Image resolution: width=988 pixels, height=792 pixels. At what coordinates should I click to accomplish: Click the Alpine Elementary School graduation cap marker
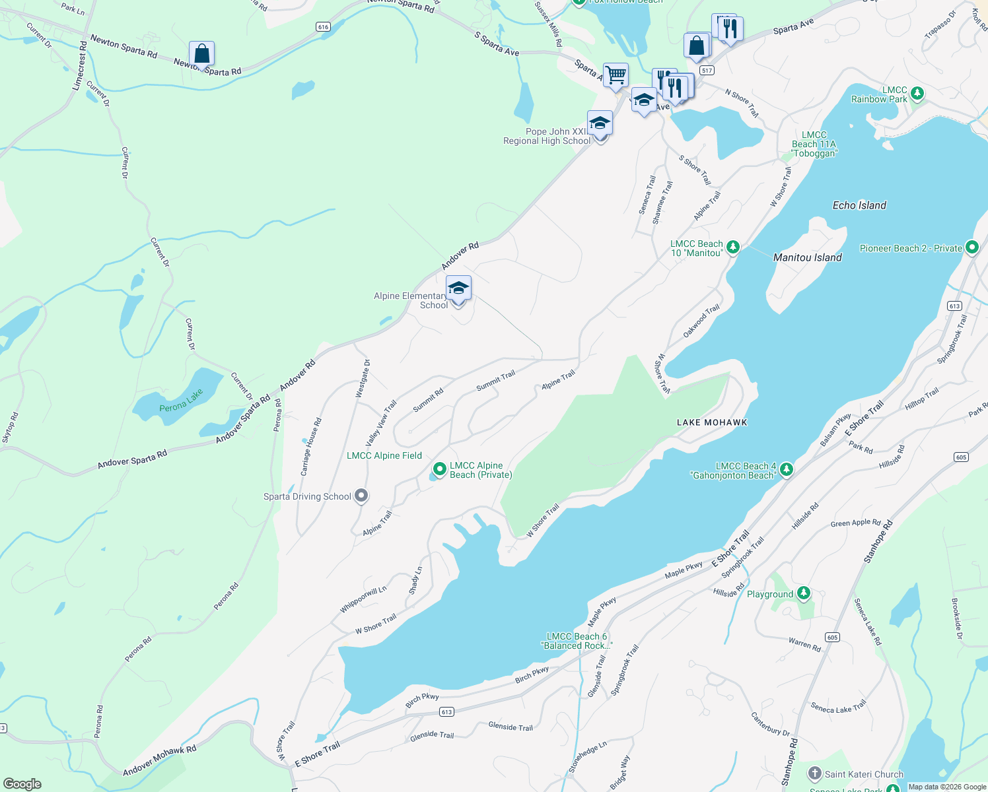458,289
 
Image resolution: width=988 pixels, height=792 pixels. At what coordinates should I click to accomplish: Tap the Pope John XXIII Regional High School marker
600,124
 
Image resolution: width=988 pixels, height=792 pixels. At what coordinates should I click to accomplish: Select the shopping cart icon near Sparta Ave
616,75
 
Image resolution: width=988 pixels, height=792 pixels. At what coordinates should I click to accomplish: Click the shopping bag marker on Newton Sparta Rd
201,54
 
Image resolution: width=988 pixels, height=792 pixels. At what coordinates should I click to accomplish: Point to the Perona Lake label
181,401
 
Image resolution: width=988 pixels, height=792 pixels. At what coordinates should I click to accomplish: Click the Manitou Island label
807,257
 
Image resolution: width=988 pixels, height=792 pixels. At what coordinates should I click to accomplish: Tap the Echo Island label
859,205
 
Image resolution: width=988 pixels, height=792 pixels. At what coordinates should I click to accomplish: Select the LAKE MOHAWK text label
712,422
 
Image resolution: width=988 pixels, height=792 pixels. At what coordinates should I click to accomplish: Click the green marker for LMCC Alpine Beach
439,470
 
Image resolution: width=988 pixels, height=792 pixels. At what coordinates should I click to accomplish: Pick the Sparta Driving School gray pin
361,496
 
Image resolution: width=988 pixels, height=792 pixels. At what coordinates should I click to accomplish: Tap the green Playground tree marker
803,593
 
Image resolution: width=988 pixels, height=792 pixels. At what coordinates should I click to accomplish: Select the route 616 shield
323,27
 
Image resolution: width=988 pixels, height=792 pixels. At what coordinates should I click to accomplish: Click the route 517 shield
707,70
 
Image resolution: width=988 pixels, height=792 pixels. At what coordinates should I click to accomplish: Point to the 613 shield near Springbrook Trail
954,306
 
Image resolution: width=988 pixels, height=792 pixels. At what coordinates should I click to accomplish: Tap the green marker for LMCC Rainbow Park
917,94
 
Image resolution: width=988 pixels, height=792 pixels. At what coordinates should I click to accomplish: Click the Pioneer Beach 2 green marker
971,247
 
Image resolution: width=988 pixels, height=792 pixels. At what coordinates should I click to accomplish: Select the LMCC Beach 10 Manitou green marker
732,247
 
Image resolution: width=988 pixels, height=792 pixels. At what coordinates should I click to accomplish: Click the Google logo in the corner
22,783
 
